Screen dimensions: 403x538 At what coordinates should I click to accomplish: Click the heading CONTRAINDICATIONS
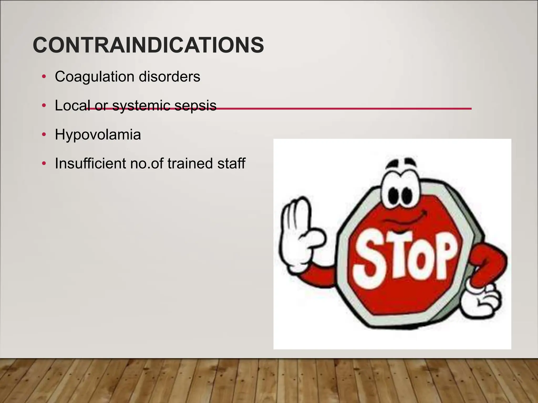coord(148,45)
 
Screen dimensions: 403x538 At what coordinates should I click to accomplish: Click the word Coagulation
coord(95,77)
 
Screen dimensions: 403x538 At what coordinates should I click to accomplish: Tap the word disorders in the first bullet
coord(169,77)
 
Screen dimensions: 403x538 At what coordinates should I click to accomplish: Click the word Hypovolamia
coord(98,135)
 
